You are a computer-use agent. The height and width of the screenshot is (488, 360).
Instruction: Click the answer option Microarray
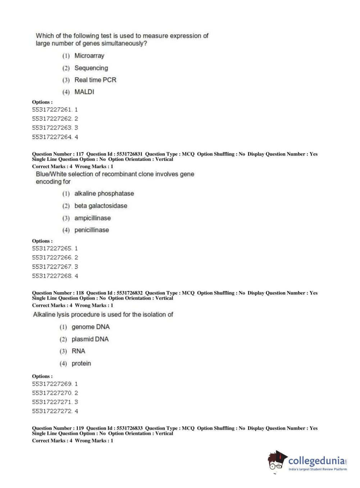click(89, 56)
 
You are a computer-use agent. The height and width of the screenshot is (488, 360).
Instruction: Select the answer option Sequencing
click(91, 68)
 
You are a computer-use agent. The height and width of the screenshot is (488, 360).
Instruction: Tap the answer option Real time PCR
click(95, 80)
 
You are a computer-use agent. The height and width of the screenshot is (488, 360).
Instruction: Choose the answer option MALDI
click(84, 92)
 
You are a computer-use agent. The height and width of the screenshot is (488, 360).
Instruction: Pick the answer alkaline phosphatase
click(104, 194)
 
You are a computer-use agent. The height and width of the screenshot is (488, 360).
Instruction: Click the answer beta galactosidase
click(101, 206)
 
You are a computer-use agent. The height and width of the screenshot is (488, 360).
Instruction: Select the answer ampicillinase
click(92, 218)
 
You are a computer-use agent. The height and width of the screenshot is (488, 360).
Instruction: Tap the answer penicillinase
click(91, 230)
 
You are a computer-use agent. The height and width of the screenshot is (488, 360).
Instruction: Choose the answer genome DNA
click(91, 327)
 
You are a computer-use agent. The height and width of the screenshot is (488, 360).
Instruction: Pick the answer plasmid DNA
click(90, 339)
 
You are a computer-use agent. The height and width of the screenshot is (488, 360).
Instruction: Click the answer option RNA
click(78, 351)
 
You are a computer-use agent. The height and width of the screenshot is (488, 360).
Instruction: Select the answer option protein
click(81, 363)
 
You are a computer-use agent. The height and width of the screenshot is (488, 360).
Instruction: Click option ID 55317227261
click(52, 109)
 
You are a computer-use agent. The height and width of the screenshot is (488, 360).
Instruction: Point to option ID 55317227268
click(52, 276)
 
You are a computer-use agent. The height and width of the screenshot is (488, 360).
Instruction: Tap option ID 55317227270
click(52, 393)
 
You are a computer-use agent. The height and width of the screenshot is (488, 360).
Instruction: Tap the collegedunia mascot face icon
click(277, 461)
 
